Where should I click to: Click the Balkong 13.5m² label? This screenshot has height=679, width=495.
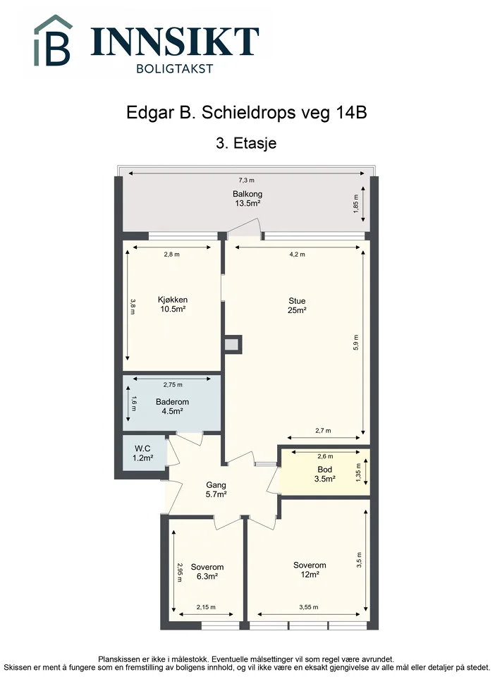(248, 198)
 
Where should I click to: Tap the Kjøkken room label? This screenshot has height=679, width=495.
(173, 304)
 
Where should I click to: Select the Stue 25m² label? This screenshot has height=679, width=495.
(297, 305)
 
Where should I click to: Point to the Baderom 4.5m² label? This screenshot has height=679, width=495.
(172, 406)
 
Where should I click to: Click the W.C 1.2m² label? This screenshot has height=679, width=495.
(142, 453)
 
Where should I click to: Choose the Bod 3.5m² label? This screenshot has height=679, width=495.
(325, 474)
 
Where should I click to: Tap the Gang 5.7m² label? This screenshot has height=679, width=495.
(216, 489)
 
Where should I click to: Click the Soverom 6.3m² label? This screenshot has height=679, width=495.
(207, 571)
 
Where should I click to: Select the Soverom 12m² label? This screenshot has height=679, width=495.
(310, 570)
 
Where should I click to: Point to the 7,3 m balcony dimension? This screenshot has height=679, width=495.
(246, 180)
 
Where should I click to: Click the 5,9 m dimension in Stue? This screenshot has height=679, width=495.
(356, 342)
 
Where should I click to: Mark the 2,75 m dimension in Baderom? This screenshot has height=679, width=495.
(173, 384)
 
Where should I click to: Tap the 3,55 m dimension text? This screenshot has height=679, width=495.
(309, 607)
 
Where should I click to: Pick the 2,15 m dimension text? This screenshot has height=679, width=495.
(206, 607)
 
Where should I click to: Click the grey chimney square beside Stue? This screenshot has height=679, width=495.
(232, 345)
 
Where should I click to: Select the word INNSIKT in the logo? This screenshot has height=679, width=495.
(175, 42)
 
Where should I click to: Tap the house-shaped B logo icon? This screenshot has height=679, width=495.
(53, 41)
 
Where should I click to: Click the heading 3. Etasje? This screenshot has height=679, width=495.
(246, 143)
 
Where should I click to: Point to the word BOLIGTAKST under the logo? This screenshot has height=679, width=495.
(175, 68)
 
